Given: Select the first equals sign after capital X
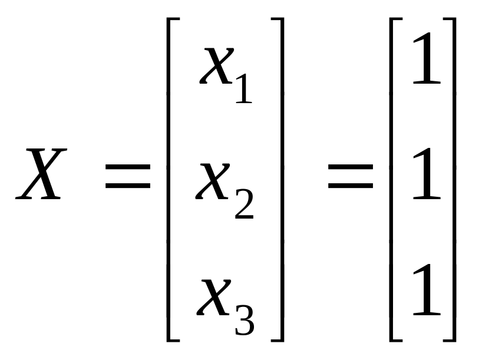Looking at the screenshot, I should click(x=128, y=177).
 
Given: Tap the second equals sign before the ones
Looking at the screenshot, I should click(x=351, y=177).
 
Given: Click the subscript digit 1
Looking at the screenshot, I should click(x=243, y=88).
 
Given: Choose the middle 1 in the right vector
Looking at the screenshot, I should click(x=426, y=175).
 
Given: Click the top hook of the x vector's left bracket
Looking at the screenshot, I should click(x=173, y=19).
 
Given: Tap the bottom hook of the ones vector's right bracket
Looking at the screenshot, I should click(x=448, y=339).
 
